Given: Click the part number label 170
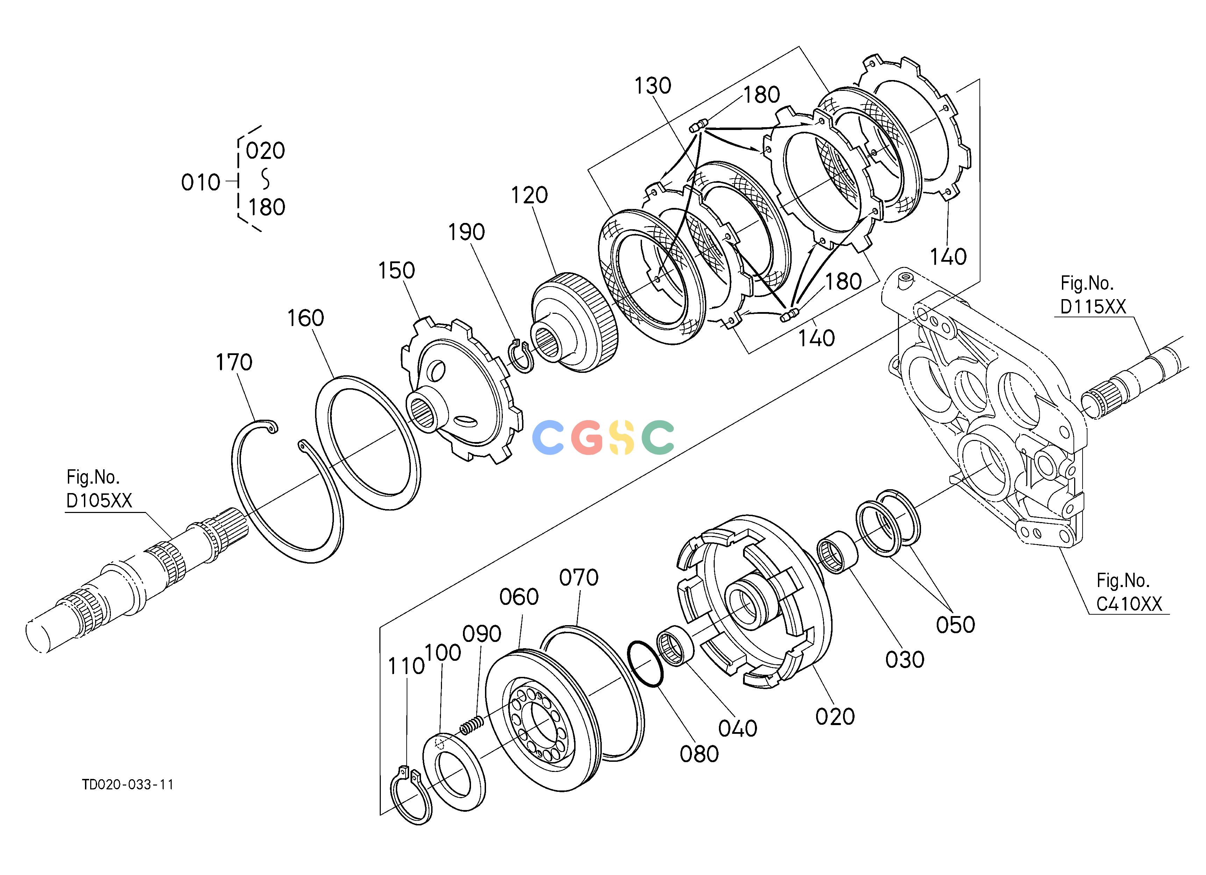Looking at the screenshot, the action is pyautogui.click(x=234, y=362).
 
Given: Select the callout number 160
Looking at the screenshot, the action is pyautogui.click(x=305, y=318).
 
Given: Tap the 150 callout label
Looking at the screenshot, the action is pyautogui.click(x=396, y=270).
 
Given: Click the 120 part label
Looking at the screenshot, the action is pyautogui.click(x=529, y=195).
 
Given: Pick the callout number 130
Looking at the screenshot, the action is pyautogui.click(x=653, y=86).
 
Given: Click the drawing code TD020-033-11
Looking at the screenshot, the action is pyautogui.click(x=128, y=785).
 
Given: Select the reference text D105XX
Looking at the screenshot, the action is pyautogui.click(x=99, y=500).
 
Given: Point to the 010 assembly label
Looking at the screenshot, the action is pyautogui.click(x=200, y=183).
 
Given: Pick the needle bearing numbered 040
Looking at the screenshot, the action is pyautogui.click(x=674, y=645).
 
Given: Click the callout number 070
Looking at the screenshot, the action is pyautogui.click(x=579, y=578).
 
